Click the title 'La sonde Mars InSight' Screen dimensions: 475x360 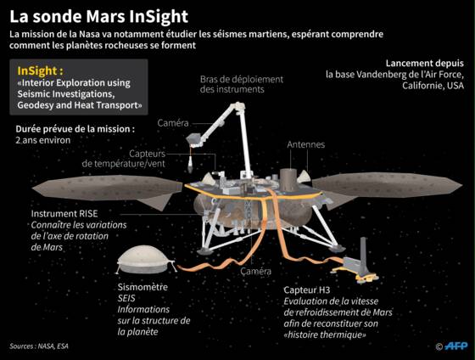[x=98, y=17]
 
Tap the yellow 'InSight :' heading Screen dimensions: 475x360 [x=41, y=70]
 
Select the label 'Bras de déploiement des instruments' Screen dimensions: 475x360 [x=242, y=84]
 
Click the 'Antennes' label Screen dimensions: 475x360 [x=305, y=144]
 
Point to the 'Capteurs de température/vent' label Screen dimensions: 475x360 [x=124, y=159]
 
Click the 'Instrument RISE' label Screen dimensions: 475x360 [x=64, y=213]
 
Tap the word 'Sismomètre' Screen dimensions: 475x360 [x=142, y=287]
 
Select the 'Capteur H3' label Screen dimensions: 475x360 [x=306, y=290]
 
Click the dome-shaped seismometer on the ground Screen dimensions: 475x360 [x=143, y=260]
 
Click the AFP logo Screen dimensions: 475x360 [x=455, y=346]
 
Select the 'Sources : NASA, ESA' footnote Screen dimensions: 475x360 [x=39, y=346]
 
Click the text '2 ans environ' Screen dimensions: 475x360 [x=43, y=140]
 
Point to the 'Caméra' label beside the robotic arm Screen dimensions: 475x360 [x=173, y=123]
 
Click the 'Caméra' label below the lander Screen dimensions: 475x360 [x=255, y=271]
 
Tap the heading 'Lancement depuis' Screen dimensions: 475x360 [x=424, y=63]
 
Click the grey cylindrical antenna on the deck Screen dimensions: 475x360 [x=288, y=180]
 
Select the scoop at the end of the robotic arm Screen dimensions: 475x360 [x=194, y=140]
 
